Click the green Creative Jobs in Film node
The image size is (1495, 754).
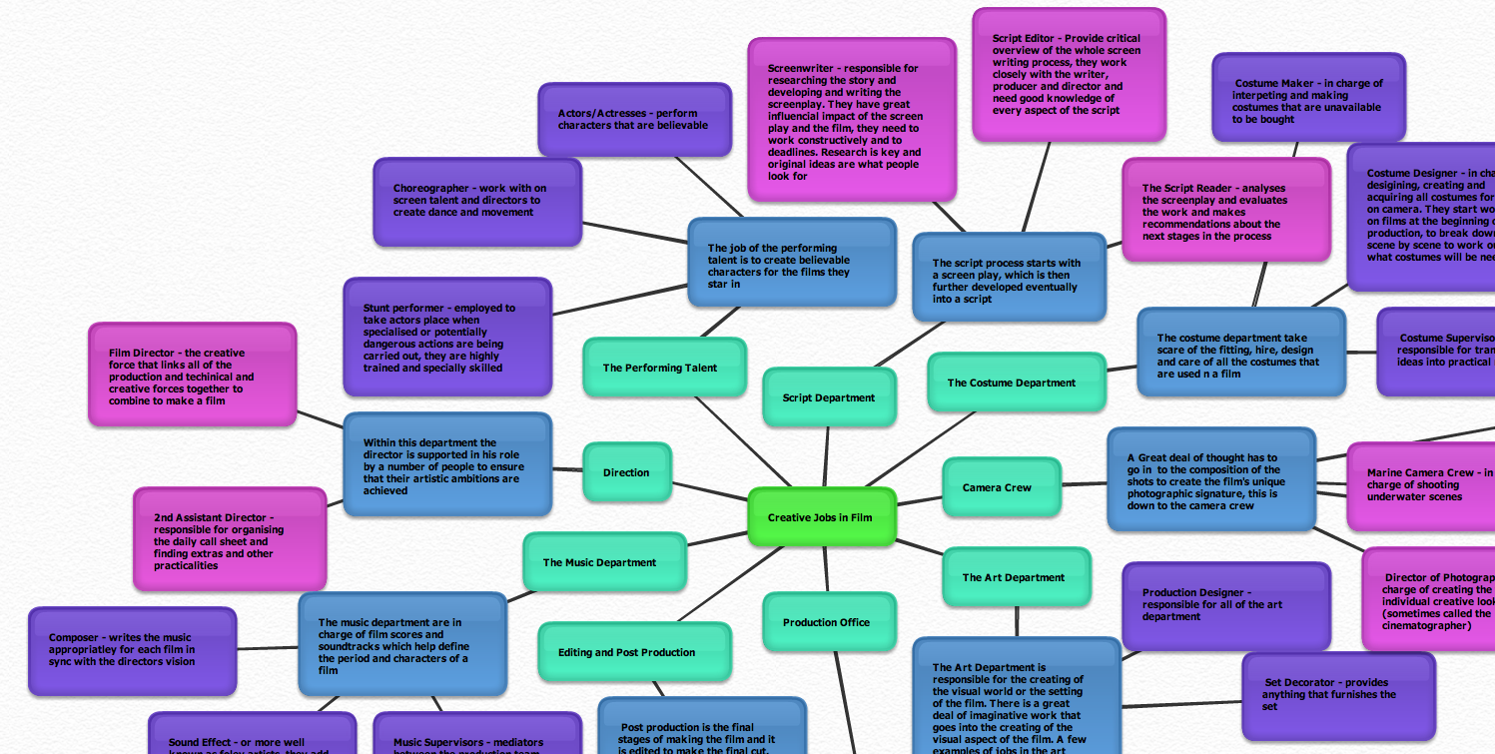click(x=822, y=517)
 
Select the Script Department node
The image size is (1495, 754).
click(x=829, y=397)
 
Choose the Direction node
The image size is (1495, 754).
click(x=627, y=472)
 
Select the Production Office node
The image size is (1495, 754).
click(x=828, y=622)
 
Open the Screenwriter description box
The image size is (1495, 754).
click(x=851, y=120)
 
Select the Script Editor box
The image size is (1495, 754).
click(x=1069, y=75)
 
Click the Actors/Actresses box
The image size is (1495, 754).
click(x=634, y=120)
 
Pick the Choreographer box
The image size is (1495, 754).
click(x=477, y=201)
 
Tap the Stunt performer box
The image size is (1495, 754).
click(x=446, y=338)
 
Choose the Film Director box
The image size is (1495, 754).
click(x=192, y=376)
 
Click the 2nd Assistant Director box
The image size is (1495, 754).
click(x=230, y=539)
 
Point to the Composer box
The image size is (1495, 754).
click(x=132, y=650)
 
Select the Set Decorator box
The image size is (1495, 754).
click(x=1338, y=694)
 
